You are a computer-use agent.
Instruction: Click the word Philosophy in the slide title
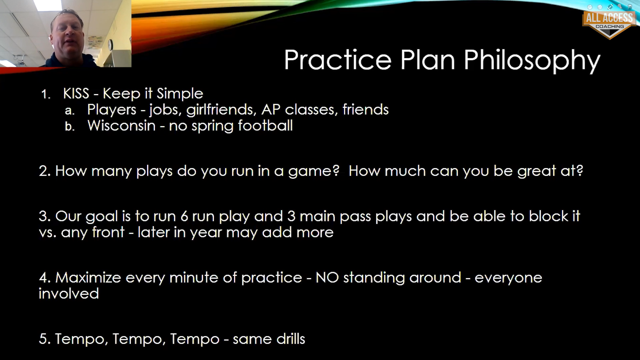pos(532,60)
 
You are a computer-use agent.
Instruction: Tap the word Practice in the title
pos(338,60)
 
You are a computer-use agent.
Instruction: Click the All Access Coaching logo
pos(610,24)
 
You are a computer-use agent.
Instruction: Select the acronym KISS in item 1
pos(76,93)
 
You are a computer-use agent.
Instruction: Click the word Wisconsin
pos(121,126)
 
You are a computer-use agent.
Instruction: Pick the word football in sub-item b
pos(265,125)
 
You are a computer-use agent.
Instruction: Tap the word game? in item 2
pos(314,171)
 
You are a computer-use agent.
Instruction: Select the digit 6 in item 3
pos(184,216)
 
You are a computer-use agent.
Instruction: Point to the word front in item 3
pos(108,232)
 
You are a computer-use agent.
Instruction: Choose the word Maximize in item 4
pos(88,277)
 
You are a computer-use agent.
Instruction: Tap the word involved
pos(69,293)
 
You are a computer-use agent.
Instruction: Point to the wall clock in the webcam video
pos(110,45)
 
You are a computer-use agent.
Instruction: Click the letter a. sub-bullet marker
pos(69,111)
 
